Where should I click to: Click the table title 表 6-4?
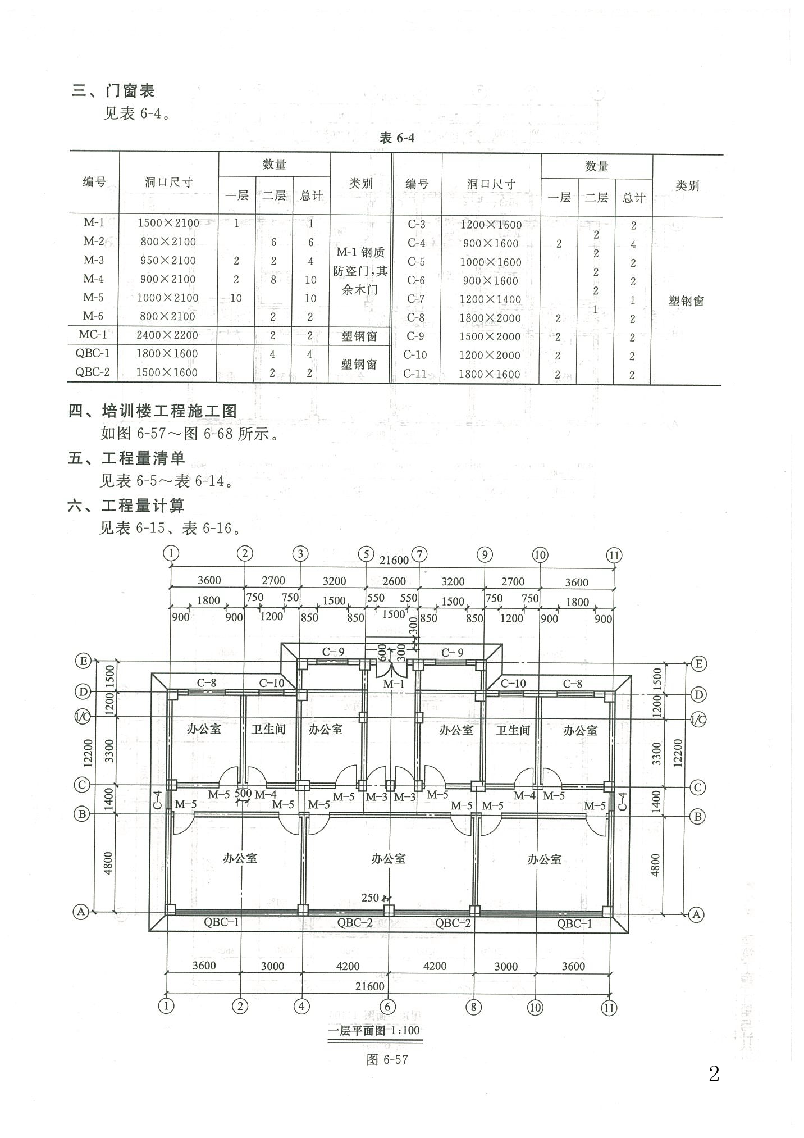pyautogui.click(x=397, y=138)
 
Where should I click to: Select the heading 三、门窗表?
pyautogui.click(x=113, y=90)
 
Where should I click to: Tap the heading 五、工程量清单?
pyautogui.click(x=126, y=458)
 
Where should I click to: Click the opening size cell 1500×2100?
pyautogui.click(x=168, y=223)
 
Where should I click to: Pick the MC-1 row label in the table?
pyautogui.click(x=93, y=335)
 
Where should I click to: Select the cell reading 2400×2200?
pyautogui.click(x=167, y=335)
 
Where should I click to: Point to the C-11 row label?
pyautogui.click(x=415, y=374)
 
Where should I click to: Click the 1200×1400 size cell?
pyautogui.click(x=491, y=299)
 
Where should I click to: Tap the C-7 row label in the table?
pyautogui.click(x=416, y=299)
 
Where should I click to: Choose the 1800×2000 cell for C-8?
pyautogui.click(x=490, y=318)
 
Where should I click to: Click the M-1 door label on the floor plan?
pyautogui.click(x=393, y=684)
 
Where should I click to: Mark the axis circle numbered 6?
pyautogui.click(x=387, y=1006)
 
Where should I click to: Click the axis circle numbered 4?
pyautogui.click(x=301, y=1006)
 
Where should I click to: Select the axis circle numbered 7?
pyautogui.click(x=419, y=554)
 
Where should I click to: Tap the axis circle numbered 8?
pyautogui.click(x=473, y=1007)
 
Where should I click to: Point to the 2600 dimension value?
pyautogui.click(x=394, y=581)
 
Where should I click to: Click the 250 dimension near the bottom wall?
pyautogui.click(x=370, y=898)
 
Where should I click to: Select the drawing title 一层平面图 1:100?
pyautogui.click(x=373, y=1030)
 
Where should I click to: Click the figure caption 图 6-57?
pyautogui.click(x=387, y=1059)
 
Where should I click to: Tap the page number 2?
pyautogui.click(x=714, y=1073)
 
